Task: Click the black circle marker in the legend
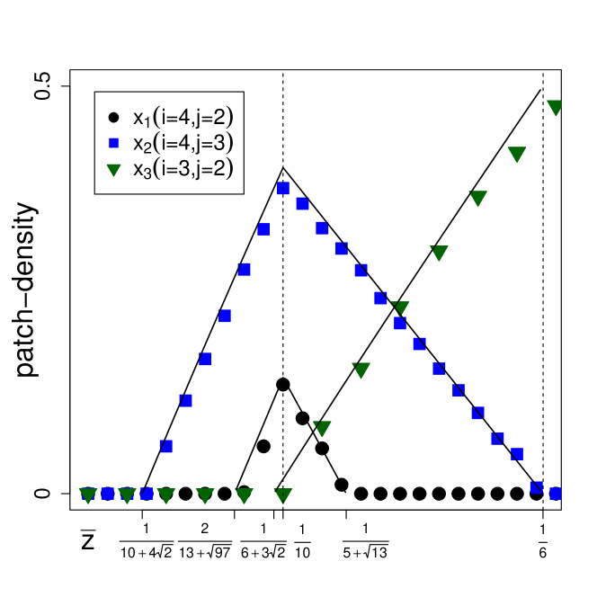click(113, 117)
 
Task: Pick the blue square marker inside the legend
click(113, 143)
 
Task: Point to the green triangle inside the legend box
click(113, 169)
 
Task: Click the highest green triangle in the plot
click(555, 108)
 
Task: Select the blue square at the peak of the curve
click(283, 188)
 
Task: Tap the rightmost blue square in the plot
click(556, 493)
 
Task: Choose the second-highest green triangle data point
click(516, 155)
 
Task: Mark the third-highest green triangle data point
click(477, 199)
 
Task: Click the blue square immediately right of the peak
click(303, 204)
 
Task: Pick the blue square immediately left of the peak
click(263, 229)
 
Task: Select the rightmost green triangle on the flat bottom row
click(283, 495)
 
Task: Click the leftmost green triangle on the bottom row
click(88, 495)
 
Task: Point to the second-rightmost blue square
click(537, 487)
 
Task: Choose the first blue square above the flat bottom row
click(165, 446)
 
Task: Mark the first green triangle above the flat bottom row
click(322, 429)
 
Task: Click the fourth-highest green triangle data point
click(439, 254)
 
